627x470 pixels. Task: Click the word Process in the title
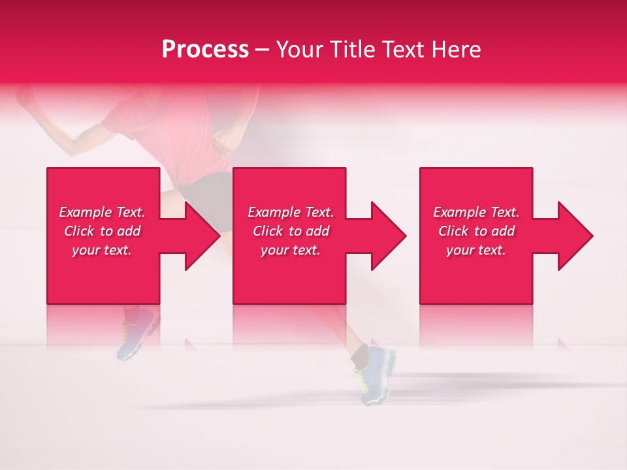click(x=205, y=50)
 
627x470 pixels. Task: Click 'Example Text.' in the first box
click(x=102, y=212)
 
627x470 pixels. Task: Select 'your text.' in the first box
click(x=102, y=250)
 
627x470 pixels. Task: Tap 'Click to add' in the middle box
click(x=291, y=231)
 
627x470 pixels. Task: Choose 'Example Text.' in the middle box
click(x=291, y=212)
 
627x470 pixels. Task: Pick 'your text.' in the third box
click(x=476, y=250)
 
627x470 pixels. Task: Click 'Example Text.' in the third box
click(x=476, y=212)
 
